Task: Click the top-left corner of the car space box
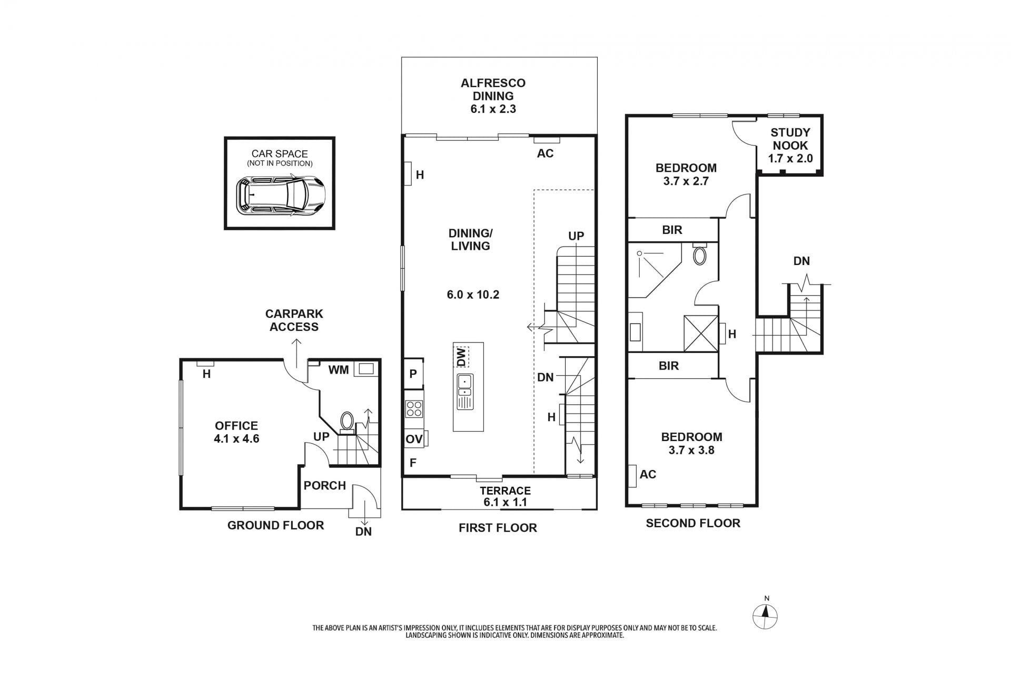[x=225, y=138]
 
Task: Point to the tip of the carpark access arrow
[x=296, y=339]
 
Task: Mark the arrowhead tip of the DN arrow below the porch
[x=364, y=524]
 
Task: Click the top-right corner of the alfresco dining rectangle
[x=597, y=57]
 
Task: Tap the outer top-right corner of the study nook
[x=822, y=115]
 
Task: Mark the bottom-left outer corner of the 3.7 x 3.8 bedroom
[x=627, y=506]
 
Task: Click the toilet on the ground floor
[x=347, y=422]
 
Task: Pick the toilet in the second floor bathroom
[x=700, y=255]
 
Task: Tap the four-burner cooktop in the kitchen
[x=414, y=409]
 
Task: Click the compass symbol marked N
[x=766, y=614]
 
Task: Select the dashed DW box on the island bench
[x=461, y=357]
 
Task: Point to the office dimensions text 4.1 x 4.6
[x=236, y=438]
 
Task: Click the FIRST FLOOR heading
[x=498, y=528]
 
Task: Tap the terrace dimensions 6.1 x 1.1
[x=506, y=502]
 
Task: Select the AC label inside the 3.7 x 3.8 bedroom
[x=648, y=474]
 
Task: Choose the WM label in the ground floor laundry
[x=339, y=370]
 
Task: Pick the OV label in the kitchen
[x=414, y=439]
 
